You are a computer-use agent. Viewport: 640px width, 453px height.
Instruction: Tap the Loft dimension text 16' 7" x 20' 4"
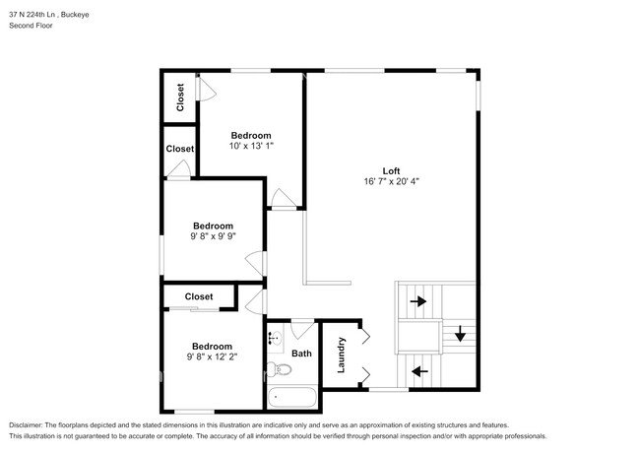point(391,181)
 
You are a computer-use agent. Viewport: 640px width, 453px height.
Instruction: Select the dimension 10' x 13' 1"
point(251,146)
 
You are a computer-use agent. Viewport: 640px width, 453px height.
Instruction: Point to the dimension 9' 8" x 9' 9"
point(213,236)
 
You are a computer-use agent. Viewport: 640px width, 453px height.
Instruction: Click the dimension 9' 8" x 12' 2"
point(213,357)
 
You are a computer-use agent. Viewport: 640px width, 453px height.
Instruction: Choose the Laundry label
point(342,355)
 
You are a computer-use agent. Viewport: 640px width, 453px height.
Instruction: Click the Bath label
point(301,354)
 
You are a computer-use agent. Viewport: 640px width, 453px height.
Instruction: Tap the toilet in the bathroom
point(280,370)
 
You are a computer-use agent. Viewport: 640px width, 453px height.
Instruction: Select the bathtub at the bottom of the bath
point(291,399)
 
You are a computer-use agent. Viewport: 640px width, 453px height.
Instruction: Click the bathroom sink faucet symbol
point(273,338)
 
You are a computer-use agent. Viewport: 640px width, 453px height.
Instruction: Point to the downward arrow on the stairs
point(459,335)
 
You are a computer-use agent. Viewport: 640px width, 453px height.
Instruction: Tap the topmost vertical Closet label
point(180,97)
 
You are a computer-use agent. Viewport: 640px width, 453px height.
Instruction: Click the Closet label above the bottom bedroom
point(199,296)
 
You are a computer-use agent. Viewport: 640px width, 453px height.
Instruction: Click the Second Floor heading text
point(32,25)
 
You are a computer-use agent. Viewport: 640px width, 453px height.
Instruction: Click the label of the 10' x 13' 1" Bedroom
point(251,135)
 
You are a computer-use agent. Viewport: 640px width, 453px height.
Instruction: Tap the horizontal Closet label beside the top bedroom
point(180,149)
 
